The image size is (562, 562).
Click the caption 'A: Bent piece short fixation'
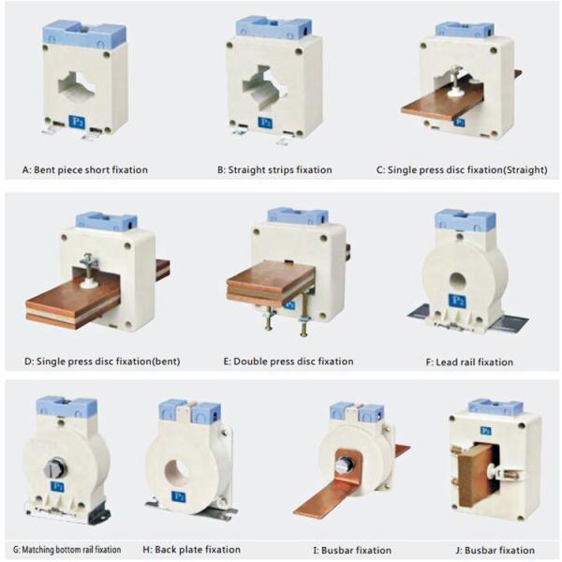(85, 170)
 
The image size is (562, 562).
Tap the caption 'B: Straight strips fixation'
(274, 170)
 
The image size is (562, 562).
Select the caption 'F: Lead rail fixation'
(469, 362)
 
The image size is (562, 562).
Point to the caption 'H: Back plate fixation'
(191, 550)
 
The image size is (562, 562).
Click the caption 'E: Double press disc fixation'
(288, 362)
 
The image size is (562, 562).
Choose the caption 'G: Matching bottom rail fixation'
(67, 550)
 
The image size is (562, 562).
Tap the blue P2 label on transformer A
(77, 122)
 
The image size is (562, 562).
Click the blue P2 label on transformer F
(457, 301)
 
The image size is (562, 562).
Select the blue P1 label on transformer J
(485, 431)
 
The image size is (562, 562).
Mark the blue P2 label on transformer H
(179, 496)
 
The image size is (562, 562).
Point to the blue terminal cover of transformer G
(67, 407)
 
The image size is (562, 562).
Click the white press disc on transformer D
(88, 284)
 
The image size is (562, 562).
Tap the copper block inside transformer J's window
(477, 475)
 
